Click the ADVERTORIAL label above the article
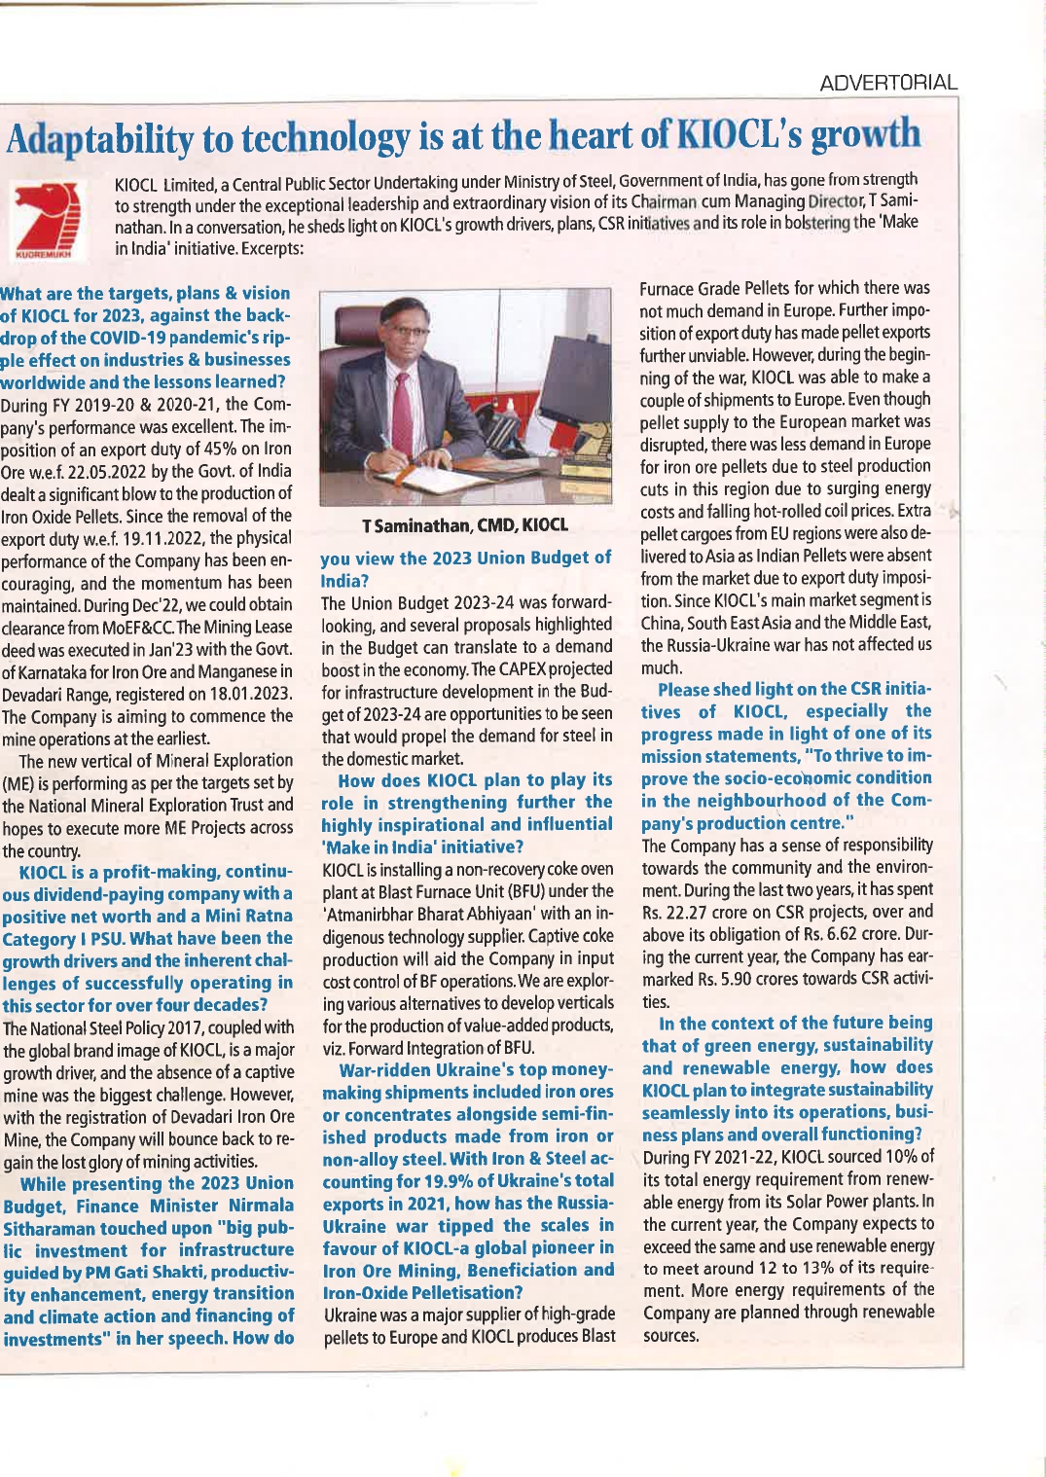[x=888, y=83]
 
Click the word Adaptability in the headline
[x=100, y=140]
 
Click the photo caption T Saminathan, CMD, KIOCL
[x=465, y=525]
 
